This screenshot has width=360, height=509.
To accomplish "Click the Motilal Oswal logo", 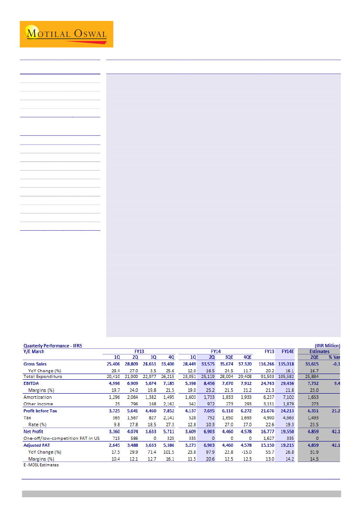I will pyautogui.click(x=66, y=34).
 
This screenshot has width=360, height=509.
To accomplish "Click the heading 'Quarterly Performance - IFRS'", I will pyautogui.click(x=52, y=346).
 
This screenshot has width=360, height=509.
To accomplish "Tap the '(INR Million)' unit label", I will pyautogui.click(x=327, y=346).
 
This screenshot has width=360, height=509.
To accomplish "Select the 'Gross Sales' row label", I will pyautogui.click(x=35, y=364).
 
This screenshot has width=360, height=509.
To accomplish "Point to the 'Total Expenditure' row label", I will pyautogui.click(x=43, y=376).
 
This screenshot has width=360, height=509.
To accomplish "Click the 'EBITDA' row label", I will pyautogui.click(x=31, y=384).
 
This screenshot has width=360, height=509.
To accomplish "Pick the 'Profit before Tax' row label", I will pyautogui.click(x=40, y=411).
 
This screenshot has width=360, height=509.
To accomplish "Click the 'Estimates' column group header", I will pyautogui.click(x=319, y=351).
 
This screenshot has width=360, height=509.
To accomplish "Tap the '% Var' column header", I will pyautogui.click(x=334, y=357).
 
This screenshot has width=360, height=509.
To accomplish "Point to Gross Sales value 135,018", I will pyautogui.click(x=285, y=364).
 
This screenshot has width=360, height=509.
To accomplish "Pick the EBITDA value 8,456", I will pyautogui.click(x=207, y=384).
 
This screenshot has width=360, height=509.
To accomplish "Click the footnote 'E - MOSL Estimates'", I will pyautogui.click(x=41, y=465).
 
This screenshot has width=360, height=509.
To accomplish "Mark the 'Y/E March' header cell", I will pyautogui.click(x=34, y=351).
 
